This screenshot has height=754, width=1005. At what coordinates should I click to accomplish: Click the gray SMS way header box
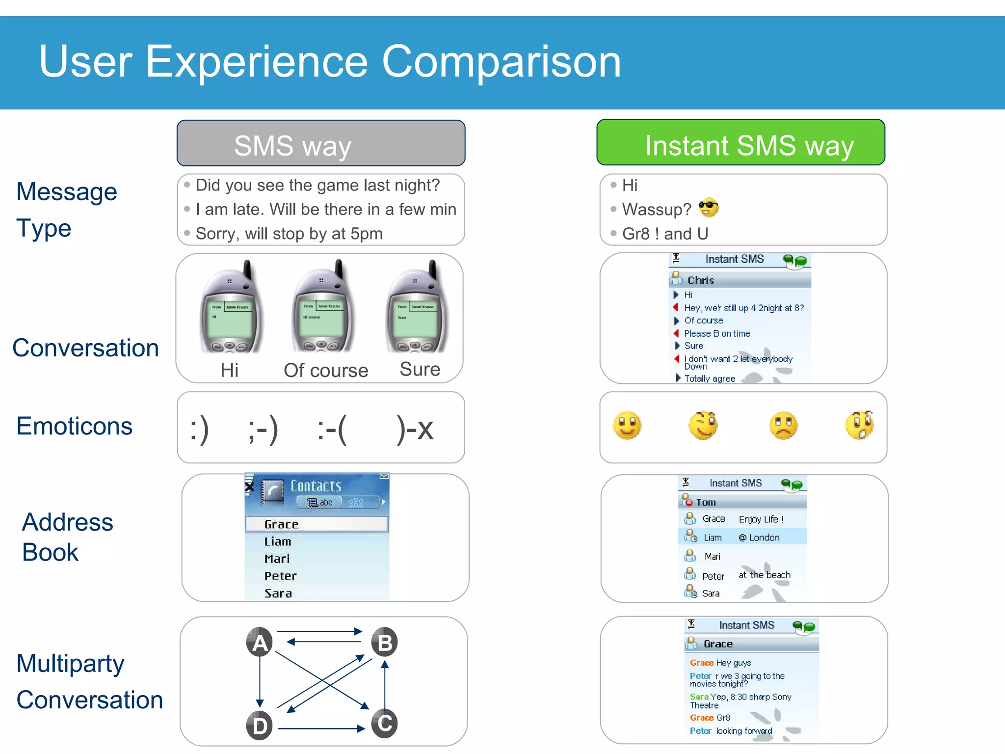tap(320, 143)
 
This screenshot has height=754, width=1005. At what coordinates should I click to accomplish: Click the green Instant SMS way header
tap(741, 143)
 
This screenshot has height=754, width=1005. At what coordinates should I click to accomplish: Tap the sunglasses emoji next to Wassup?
tap(708, 208)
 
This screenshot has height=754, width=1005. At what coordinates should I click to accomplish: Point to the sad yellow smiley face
tap(783, 425)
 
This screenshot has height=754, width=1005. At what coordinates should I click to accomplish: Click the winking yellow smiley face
tap(703, 425)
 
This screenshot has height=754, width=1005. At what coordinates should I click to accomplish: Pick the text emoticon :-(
tap(332, 429)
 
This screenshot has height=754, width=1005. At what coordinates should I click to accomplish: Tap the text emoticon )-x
tap(415, 429)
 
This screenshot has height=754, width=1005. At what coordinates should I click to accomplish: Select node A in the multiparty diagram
tap(260, 642)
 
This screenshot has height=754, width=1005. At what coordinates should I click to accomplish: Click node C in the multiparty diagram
tap(384, 723)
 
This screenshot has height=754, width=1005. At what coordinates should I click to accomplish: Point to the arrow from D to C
tap(321, 729)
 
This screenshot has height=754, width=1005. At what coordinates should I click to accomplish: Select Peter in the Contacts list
tap(280, 576)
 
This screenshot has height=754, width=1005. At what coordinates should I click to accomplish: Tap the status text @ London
tap(759, 538)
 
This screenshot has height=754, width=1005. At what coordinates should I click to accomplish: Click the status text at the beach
tap(764, 575)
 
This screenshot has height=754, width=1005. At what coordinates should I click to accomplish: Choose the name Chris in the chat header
tap(700, 280)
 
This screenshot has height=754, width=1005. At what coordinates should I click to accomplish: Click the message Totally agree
tap(709, 378)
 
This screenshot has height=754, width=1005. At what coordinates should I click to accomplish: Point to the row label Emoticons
tap(74, 426)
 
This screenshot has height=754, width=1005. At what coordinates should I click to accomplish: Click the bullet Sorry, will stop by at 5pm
tap(289, 234)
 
